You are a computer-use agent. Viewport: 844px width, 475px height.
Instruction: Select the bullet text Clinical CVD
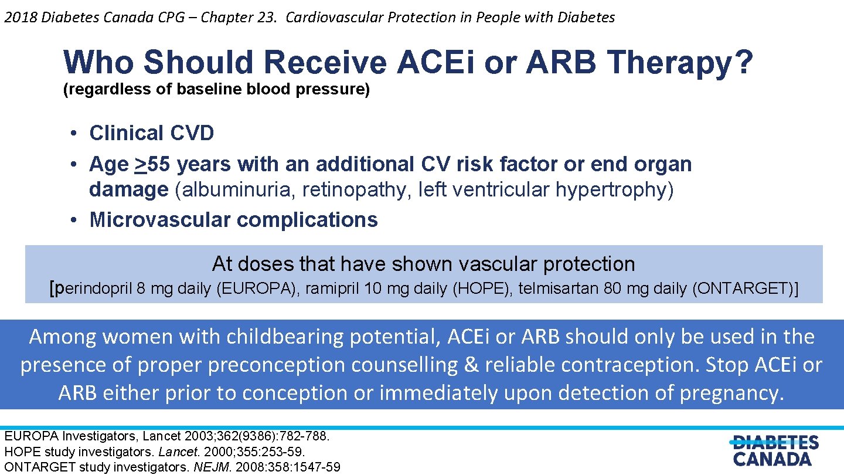pyautogui.click(x=151, y=133)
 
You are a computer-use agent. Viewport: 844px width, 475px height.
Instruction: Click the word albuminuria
pyautogui.click(x=223, y=190)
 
